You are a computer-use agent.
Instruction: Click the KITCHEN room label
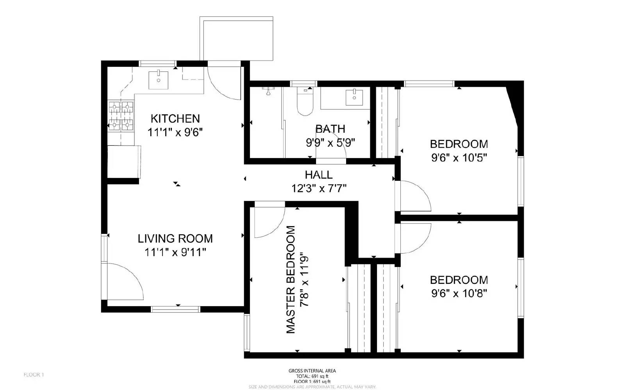tap(175, 118)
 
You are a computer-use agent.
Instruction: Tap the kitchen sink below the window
tap(159, 80)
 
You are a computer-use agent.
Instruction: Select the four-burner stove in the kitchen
tap(121, 116)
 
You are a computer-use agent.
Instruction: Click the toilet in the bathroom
tap(305, 102)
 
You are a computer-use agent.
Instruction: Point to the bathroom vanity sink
tap(354, 97)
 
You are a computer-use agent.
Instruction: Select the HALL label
tap(319, 175)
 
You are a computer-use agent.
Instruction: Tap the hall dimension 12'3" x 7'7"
tap(319, 189)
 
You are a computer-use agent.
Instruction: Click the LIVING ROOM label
tap(175, 238)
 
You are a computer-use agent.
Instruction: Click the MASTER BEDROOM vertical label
tap(291, 280)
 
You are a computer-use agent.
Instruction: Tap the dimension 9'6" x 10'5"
tap(459, 158)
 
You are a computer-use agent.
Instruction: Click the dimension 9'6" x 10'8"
tap(459, 294)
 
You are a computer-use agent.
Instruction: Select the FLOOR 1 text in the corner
tap(34, 375)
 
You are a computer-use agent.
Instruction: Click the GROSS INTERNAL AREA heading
tap(312, 371)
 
